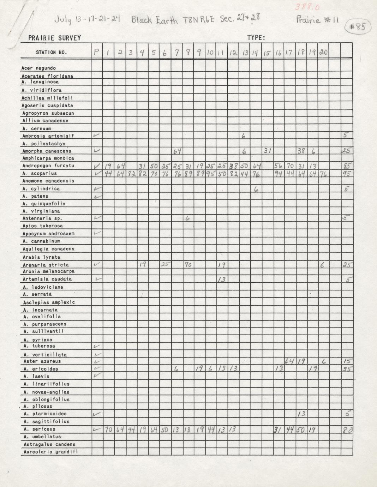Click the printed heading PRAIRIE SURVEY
(55, 38)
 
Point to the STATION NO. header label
(51, 52)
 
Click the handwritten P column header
(96, 52)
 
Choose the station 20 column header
(323, 52)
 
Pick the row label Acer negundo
(38, 68)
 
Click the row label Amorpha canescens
(47, 151)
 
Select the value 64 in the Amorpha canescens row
(177, 151)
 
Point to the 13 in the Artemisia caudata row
(221, 279)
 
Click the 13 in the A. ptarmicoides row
(301, 414)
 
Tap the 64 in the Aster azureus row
(289, 361)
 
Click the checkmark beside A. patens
(96, 196)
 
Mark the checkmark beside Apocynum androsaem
(97, 233)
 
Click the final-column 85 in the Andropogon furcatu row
(347, 166)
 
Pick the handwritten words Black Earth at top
(154, 20)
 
